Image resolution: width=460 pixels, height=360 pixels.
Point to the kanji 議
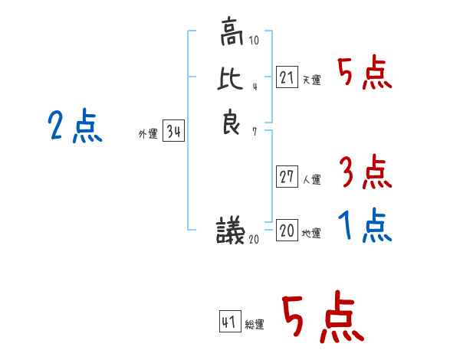(231, 231)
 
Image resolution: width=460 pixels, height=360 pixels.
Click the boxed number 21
(287, 77)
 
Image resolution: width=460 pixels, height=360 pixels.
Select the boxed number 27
(287, 177)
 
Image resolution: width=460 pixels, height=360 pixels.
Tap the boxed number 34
(173, 132)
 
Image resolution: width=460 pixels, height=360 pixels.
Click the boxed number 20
(287, 231)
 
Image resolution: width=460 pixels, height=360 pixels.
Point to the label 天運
(312, 80)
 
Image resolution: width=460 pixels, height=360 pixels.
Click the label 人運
(312, 181)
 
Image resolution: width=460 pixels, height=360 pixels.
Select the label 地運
(312, 234)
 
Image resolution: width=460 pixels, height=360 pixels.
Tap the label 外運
(148, 134)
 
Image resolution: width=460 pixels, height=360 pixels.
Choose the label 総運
(255, 324)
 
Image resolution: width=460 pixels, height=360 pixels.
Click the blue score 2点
(74, 126)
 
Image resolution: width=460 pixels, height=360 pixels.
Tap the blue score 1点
(365, 226)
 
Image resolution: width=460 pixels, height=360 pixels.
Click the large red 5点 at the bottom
(323, 319)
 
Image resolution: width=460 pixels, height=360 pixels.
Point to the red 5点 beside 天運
(365, 74)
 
